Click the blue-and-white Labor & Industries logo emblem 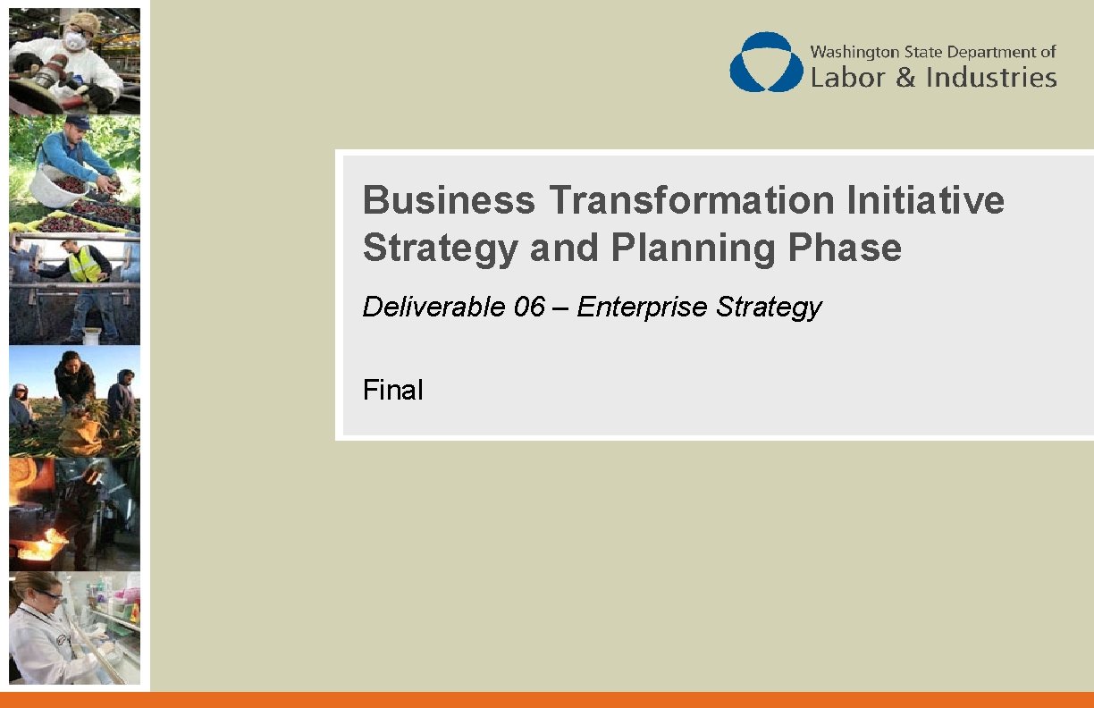coord(766,63)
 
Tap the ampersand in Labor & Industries coord(905,78)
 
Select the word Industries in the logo coord(991,78)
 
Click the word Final coord(393,391)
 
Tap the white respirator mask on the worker coord(76,41)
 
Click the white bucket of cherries coord(57,186)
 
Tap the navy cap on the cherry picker coord(77,122)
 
